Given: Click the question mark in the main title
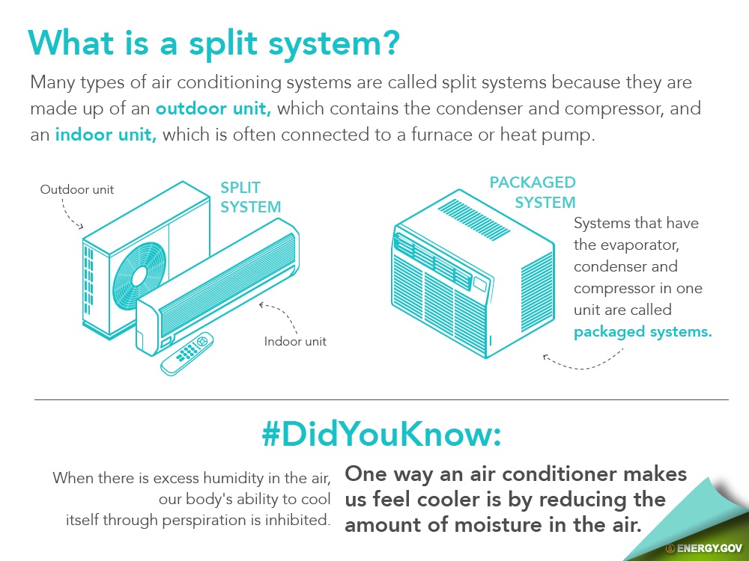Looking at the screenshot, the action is pyautogui.click(x=389, y=43).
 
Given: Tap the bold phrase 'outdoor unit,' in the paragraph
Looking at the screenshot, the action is pyautogui.click(x=213, y=108).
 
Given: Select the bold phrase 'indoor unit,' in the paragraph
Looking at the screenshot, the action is pyautogui.click(x=106, y=135).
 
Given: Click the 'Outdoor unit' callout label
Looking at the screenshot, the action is pyautogui.click(x=77, y=189).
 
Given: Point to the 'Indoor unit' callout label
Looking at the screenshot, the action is pyautogui.click(x=295, y=341).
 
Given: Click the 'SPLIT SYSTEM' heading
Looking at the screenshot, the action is pyautogui.click(x=250, y=197).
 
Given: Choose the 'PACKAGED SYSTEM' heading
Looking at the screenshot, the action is pyautogui.click(x=533, y=192).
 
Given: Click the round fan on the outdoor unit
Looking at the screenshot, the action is pyautogui.click(x=139, y=276).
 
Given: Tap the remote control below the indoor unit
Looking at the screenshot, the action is pyautogui.click(x=187, y=354).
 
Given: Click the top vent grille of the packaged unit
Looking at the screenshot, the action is pyautogui.click(x=474, y=220).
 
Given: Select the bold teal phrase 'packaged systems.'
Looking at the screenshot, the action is pyautogui.click(x=643, y=332).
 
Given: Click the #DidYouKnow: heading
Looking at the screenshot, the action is pyautogui.click(x=382, y=434).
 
